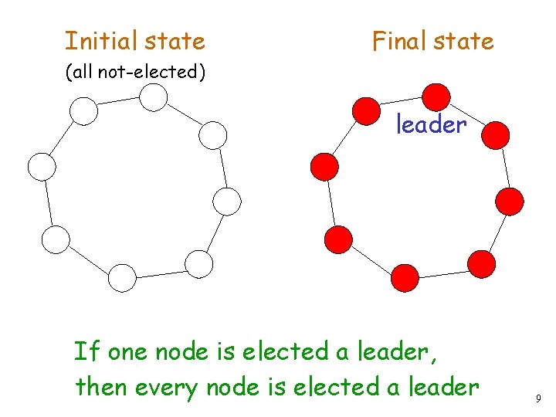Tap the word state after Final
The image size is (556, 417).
(464, 40)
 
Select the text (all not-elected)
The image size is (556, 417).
(135, 72)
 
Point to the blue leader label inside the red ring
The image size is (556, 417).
(431, 124)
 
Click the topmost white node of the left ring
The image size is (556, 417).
(154, 97)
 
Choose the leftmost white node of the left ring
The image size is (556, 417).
(42, 166)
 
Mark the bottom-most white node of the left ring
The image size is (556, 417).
(122, 277)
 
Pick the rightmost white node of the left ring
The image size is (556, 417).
(227, 202)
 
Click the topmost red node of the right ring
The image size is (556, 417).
(436, 97)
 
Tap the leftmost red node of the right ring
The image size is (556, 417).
(324, 166)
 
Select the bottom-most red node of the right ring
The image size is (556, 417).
(405, 277)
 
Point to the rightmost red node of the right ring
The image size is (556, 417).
(510, 202)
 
